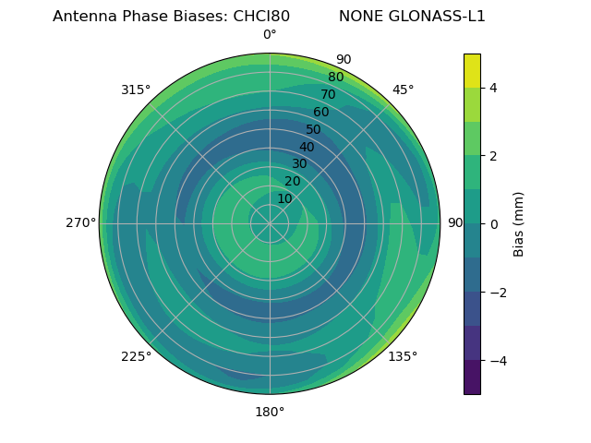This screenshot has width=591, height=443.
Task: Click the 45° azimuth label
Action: point(404,90)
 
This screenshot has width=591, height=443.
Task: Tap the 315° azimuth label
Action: point(136,90)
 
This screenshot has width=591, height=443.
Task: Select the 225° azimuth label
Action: point(136,357)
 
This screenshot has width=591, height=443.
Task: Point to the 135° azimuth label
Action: point(403,357)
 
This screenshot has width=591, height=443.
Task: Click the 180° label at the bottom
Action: point(270,412)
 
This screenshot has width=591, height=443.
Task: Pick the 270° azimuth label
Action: point(81,222)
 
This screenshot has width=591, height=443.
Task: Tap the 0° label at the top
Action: point(270,35)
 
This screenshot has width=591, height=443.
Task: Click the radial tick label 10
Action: point(284,198)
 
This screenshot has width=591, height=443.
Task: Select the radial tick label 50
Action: point(314,129)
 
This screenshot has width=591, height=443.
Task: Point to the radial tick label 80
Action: point(336,77)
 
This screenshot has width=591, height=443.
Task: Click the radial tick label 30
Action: point(299,164)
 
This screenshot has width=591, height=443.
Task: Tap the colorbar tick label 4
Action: point(494,88)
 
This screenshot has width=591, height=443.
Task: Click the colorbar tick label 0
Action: point(494,223)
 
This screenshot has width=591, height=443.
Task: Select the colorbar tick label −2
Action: point(498,292)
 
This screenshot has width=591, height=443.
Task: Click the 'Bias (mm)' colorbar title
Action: point(519,223)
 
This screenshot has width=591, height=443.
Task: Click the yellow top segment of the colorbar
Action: point(472,70)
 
